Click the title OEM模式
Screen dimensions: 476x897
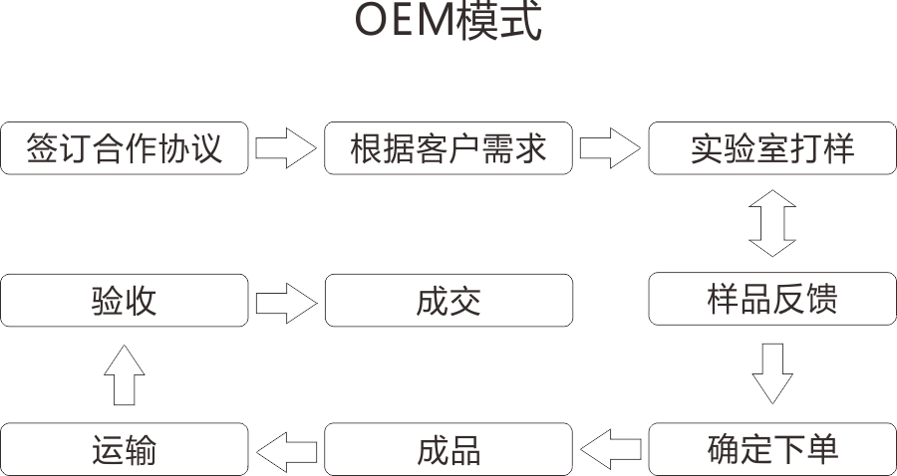tap(448, 22)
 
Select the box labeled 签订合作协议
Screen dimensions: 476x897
tap(125, 148)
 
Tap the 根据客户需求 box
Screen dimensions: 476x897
tap(448, 148)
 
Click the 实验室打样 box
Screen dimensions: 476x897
tap(772, 148)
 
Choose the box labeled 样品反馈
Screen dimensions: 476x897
tap(772, 300)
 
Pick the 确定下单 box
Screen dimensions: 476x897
tap(772, 449)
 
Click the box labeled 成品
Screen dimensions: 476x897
tap(448, 449)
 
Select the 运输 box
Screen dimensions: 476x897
tap(125, 449)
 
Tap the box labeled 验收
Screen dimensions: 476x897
tap(125, 300)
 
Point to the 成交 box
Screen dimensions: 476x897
tap(448, 300)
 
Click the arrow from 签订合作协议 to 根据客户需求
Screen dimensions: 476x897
tap(285, 148)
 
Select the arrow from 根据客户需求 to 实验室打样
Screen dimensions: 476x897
tap(610, 148)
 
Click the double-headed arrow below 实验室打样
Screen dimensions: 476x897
tap(772, 224)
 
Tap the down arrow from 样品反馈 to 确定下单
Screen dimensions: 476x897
tap(772, 373)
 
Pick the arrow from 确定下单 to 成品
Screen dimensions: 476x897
tap(610, 449)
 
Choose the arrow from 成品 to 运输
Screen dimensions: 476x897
tap(286, 449)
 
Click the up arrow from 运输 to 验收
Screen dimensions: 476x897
tap(125, 374)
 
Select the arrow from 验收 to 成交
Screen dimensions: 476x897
tap(285, 300)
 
